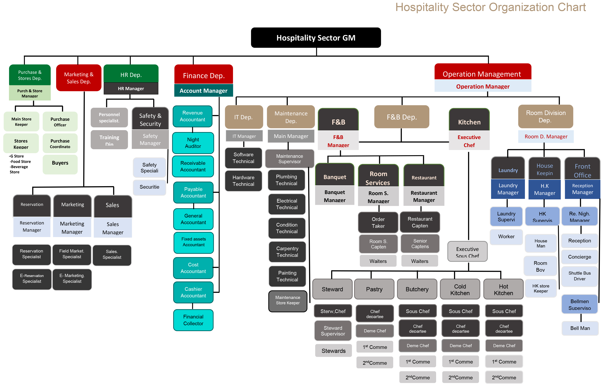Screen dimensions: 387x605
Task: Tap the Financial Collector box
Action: click(x=193, y=320)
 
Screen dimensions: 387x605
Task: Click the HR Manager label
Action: click(x=131, y=89)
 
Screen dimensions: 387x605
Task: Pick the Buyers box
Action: click(x=60, y=163)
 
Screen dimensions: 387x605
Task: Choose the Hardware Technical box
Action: click(x=243, y=181)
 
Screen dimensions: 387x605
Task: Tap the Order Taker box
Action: click(x=378, y=222)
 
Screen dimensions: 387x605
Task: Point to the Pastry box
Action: click(x=374, y=289)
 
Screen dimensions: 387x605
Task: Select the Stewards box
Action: click(x=333, y=351)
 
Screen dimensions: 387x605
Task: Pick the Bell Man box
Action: click(x=580, y=328)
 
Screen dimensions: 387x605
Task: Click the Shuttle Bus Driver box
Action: click(x=579, y=276)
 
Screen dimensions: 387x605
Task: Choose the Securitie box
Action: click(x=149, y=187)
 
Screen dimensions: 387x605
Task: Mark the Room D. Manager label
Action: click(x=546, y=137)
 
